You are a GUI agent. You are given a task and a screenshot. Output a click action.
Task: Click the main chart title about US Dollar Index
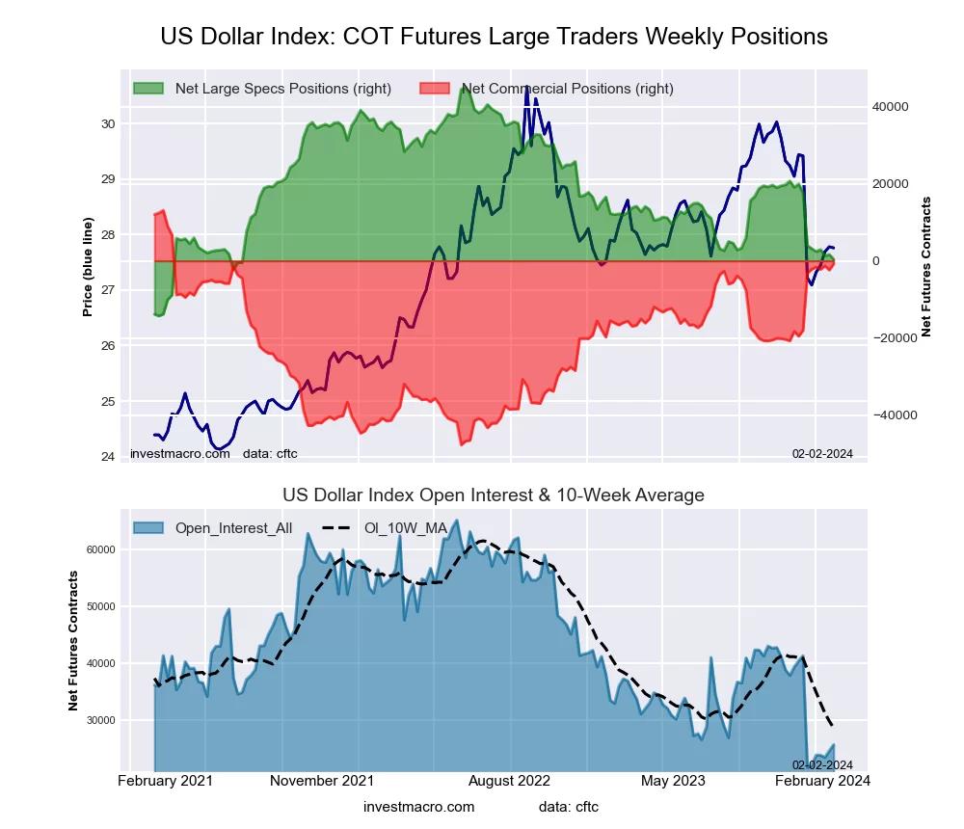494,37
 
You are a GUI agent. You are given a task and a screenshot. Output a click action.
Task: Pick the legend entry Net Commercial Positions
567,89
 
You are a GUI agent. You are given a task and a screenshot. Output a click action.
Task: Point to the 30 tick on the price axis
108,123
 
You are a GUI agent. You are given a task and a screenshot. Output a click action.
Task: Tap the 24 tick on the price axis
108,457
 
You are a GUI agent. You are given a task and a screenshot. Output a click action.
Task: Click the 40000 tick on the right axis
891,107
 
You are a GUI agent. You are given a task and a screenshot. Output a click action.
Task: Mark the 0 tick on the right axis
876,261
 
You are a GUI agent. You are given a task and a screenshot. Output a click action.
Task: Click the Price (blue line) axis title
88,267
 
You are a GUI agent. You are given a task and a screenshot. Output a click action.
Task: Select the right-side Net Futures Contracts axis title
926,267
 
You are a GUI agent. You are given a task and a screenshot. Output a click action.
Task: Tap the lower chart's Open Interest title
494,495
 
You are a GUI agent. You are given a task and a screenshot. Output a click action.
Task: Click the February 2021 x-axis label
165,780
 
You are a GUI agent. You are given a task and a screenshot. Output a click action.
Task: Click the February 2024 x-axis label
823,780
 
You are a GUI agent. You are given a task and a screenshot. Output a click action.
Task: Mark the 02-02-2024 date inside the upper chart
822,453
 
